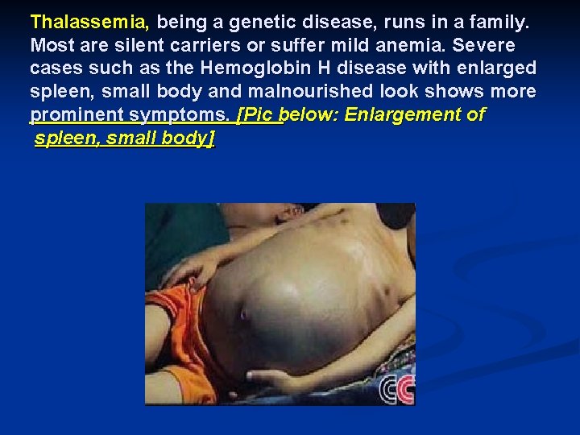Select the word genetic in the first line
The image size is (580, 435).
[x=251, y=23]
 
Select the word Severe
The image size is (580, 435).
[x=487, y=46]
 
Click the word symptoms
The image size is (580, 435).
[x=182, y=114]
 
